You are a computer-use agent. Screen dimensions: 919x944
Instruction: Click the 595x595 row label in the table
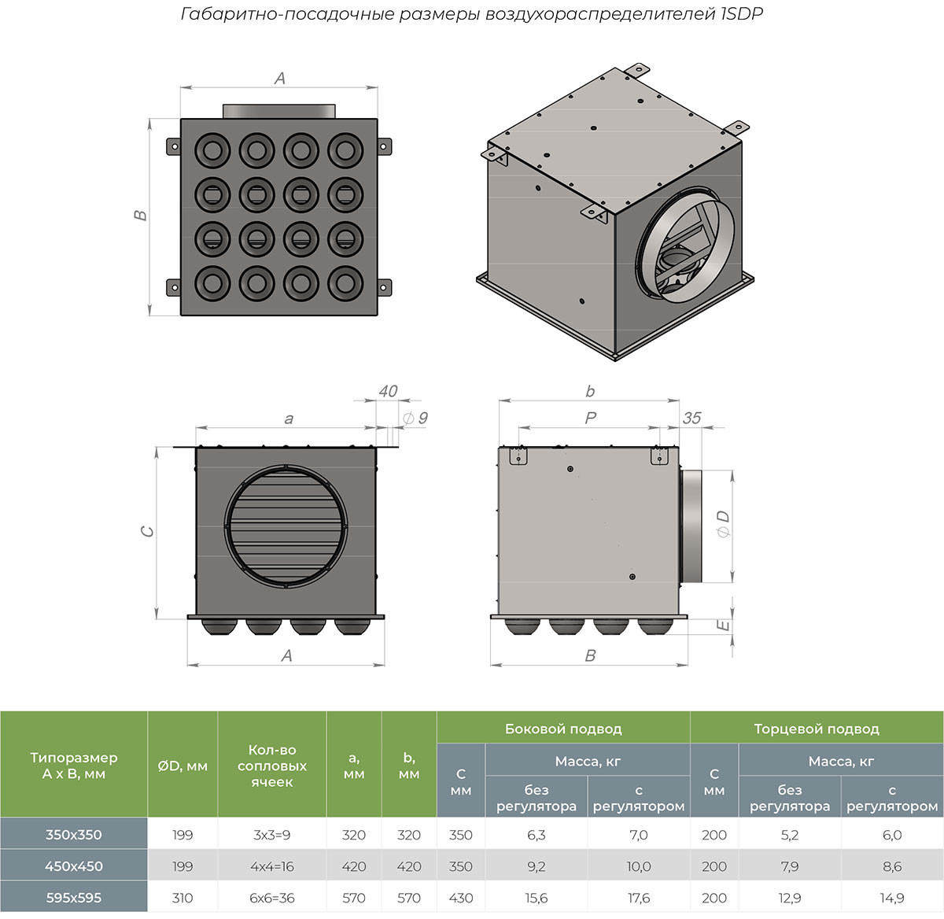73,897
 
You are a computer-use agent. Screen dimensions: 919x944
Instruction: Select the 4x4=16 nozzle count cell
272,866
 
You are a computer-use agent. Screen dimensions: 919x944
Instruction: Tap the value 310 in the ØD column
182,897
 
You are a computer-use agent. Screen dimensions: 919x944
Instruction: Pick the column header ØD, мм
182,766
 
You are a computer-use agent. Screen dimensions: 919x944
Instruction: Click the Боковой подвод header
563,729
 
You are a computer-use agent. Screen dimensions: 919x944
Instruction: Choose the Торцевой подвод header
816,729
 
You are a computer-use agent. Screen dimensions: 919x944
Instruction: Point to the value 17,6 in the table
638,897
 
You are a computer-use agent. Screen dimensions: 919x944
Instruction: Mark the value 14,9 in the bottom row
892,897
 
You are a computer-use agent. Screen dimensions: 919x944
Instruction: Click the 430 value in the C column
461,897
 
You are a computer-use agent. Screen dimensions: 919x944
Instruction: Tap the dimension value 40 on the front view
388,391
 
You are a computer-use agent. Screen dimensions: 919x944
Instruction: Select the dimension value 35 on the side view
691,418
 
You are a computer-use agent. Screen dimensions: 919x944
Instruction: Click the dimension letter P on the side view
591,419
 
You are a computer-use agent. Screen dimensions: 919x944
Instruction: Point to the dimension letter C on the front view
147,532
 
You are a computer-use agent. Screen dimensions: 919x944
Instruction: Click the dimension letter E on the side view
725,626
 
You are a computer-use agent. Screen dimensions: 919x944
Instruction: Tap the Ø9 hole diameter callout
416,418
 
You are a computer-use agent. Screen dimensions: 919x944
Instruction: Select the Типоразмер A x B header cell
73,766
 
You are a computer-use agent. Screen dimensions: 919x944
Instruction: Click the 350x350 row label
73,835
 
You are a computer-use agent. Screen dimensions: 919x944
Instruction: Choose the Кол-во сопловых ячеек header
272,766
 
